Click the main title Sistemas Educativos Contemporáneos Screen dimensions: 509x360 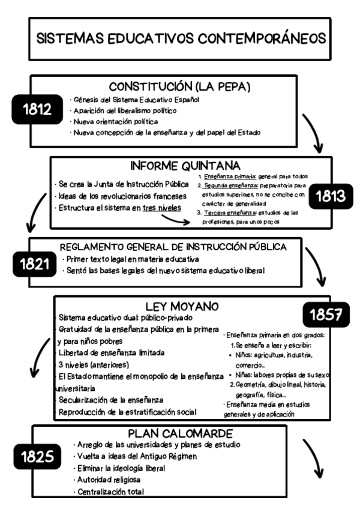[x=180, y=39]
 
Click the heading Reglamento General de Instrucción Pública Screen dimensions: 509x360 [x=173, y=247]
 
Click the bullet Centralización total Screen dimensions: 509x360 [x=110, y=492]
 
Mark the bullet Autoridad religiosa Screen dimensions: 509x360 [x=109, y=480]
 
